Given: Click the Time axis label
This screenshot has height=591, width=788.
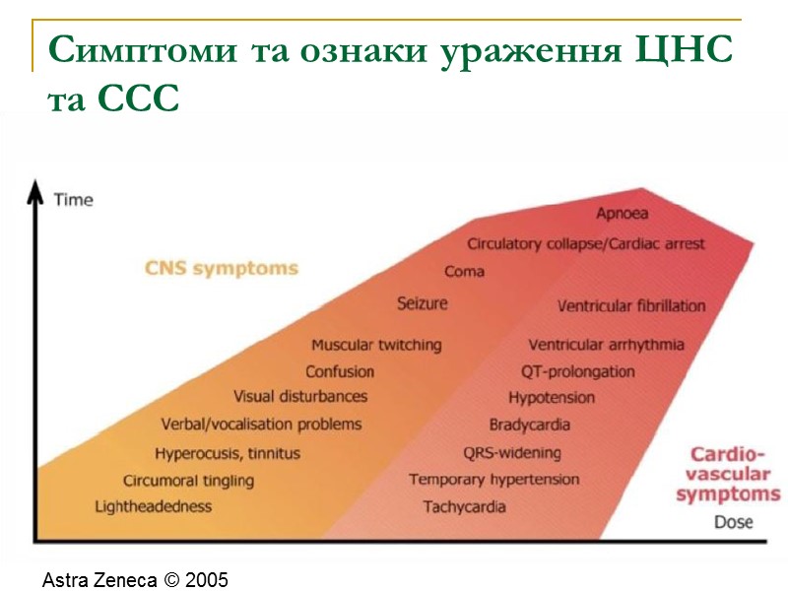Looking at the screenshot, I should pos(73,200).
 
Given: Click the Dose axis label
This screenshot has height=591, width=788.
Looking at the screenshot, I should pos(733,522).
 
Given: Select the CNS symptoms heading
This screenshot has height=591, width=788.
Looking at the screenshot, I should pos(222,268).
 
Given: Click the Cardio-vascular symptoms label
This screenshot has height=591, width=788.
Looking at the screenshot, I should pos(727,474).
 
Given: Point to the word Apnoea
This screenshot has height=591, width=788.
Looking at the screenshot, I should pos(622,213).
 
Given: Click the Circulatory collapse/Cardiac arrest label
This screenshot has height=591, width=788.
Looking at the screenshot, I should pos(586,243).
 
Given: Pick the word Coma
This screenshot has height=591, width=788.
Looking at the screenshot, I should pos(464,272).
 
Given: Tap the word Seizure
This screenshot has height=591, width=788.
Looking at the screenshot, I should pos(422,302).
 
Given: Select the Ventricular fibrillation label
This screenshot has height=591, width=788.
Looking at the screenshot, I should pos(631,306).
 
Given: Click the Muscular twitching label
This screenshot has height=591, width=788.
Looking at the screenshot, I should pos(376,345).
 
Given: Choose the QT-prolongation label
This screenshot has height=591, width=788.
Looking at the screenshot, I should pos(577,372).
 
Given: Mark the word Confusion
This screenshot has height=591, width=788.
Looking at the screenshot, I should pos(340,371).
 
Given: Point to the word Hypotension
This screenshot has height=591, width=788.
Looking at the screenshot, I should pos(552,398).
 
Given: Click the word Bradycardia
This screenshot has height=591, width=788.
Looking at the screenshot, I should pos(530,426).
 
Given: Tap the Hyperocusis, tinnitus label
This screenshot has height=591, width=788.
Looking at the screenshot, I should pos(228,454).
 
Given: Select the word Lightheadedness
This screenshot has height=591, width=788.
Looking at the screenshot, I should pos(153,506).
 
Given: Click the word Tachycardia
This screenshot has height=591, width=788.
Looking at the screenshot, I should pos(464,507).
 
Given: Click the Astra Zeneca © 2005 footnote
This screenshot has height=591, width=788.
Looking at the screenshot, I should pos(136,580).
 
